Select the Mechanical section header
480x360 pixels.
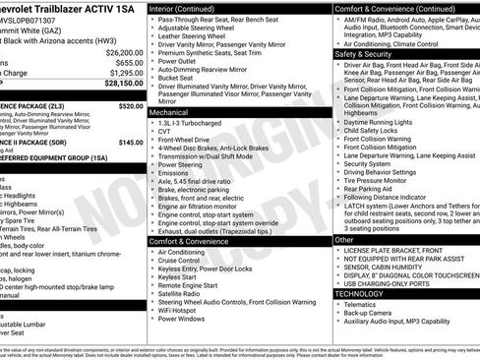(169, 112)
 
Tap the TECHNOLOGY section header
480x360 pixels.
(360, 293)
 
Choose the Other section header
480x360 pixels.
(344, 239)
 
